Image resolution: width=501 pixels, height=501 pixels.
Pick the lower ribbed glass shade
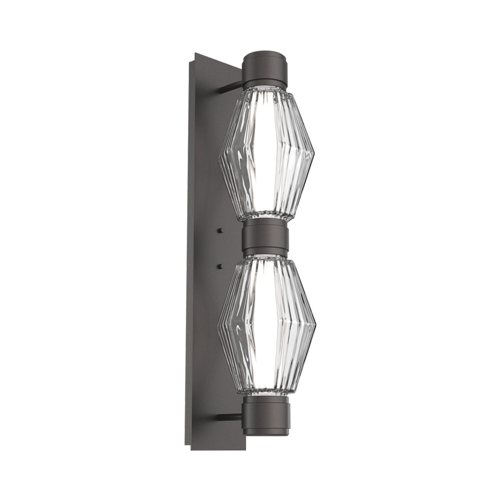pyautogui.click(x=266, y=323)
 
